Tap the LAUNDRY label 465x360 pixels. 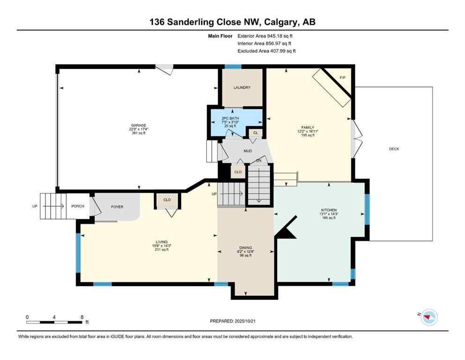click(x=242, y=88)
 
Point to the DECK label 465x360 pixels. click(x=394, y=149)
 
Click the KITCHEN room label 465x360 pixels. click(x=329, y=210)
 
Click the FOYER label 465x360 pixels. click(x=117, y=206)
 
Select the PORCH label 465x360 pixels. click(x=77, y=206)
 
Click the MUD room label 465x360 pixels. click(x=247, y=151)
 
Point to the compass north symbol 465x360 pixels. click(x=428, y=317)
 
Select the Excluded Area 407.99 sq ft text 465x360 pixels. click(x=266, y=51)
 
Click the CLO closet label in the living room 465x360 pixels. click(x=167, y=200)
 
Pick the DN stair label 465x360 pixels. click(x=259, y=161)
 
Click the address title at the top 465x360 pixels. click(x=232, y=22)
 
